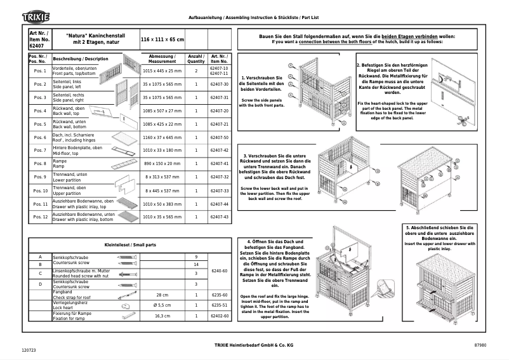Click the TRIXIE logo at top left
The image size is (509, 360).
click(x=37, y=16)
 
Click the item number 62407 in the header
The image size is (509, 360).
click(x=37, y=46)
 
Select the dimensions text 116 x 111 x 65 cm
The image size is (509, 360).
click(x=162, y=39)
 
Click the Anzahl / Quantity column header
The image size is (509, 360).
click(x=196, y=58)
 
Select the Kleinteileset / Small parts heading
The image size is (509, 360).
click(x=129, y=244)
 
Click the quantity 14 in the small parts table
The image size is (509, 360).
click(x=196, y=264)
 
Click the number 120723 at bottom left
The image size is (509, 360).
click(x=29, y=350)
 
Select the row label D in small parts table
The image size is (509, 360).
click(x=39, y=284)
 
